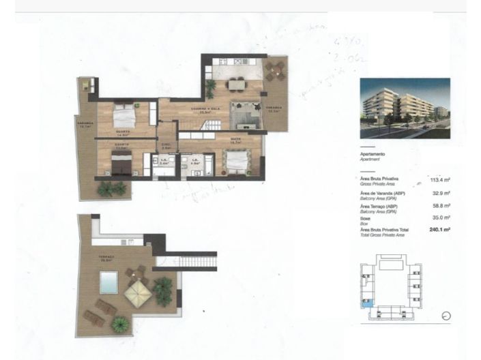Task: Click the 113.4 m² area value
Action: pos(440,180)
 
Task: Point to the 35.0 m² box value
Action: pos(441,219)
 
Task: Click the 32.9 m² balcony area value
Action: pos(441,194)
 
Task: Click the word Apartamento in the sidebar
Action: pos(375,155)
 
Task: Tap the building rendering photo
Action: pos(405,108)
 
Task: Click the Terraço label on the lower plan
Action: pos(106,258)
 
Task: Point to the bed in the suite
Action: pos(236,163)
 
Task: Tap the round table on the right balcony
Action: pos(276,68)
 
